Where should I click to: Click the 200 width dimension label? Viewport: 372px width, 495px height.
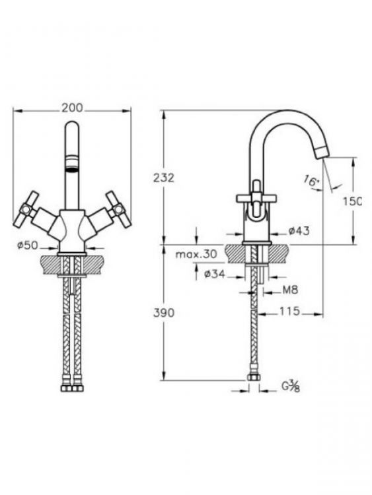pos(72,108)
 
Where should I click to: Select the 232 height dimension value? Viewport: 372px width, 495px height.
pos(164,178)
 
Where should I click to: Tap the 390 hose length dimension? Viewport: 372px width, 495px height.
pos(164,313)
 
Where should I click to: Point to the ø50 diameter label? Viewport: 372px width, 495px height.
pos(28,245)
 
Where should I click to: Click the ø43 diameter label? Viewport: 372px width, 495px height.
pos(299,231)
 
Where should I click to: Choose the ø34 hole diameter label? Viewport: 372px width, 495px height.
pos(215,274)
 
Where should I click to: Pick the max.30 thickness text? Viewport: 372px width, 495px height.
pos(196,254)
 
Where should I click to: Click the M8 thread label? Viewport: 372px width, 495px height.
pos(290,290)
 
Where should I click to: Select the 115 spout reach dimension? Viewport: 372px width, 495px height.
pos(289,312)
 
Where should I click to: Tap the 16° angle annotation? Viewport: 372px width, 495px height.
pos(312,181)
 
